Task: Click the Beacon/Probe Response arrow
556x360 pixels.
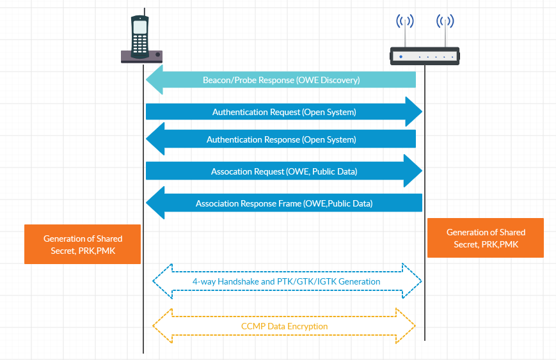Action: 282,80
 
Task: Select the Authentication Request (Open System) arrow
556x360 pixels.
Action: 284,112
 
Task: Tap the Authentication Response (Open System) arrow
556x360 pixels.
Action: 282,139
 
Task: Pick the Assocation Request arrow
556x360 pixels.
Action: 284,171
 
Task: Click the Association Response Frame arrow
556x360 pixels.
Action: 284,204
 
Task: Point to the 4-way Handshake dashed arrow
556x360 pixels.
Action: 287,281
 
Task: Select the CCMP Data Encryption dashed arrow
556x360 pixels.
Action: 284,326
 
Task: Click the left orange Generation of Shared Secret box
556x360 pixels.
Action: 83,244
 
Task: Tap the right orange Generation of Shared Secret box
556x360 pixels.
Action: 486,238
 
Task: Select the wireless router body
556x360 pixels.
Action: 425,56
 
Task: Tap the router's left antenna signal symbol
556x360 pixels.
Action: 404,22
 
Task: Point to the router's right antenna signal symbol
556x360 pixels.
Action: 445,22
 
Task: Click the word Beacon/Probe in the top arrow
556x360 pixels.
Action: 229,80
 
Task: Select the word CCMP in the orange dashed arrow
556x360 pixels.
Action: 252,326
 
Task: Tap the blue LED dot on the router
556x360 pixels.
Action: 401,57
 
